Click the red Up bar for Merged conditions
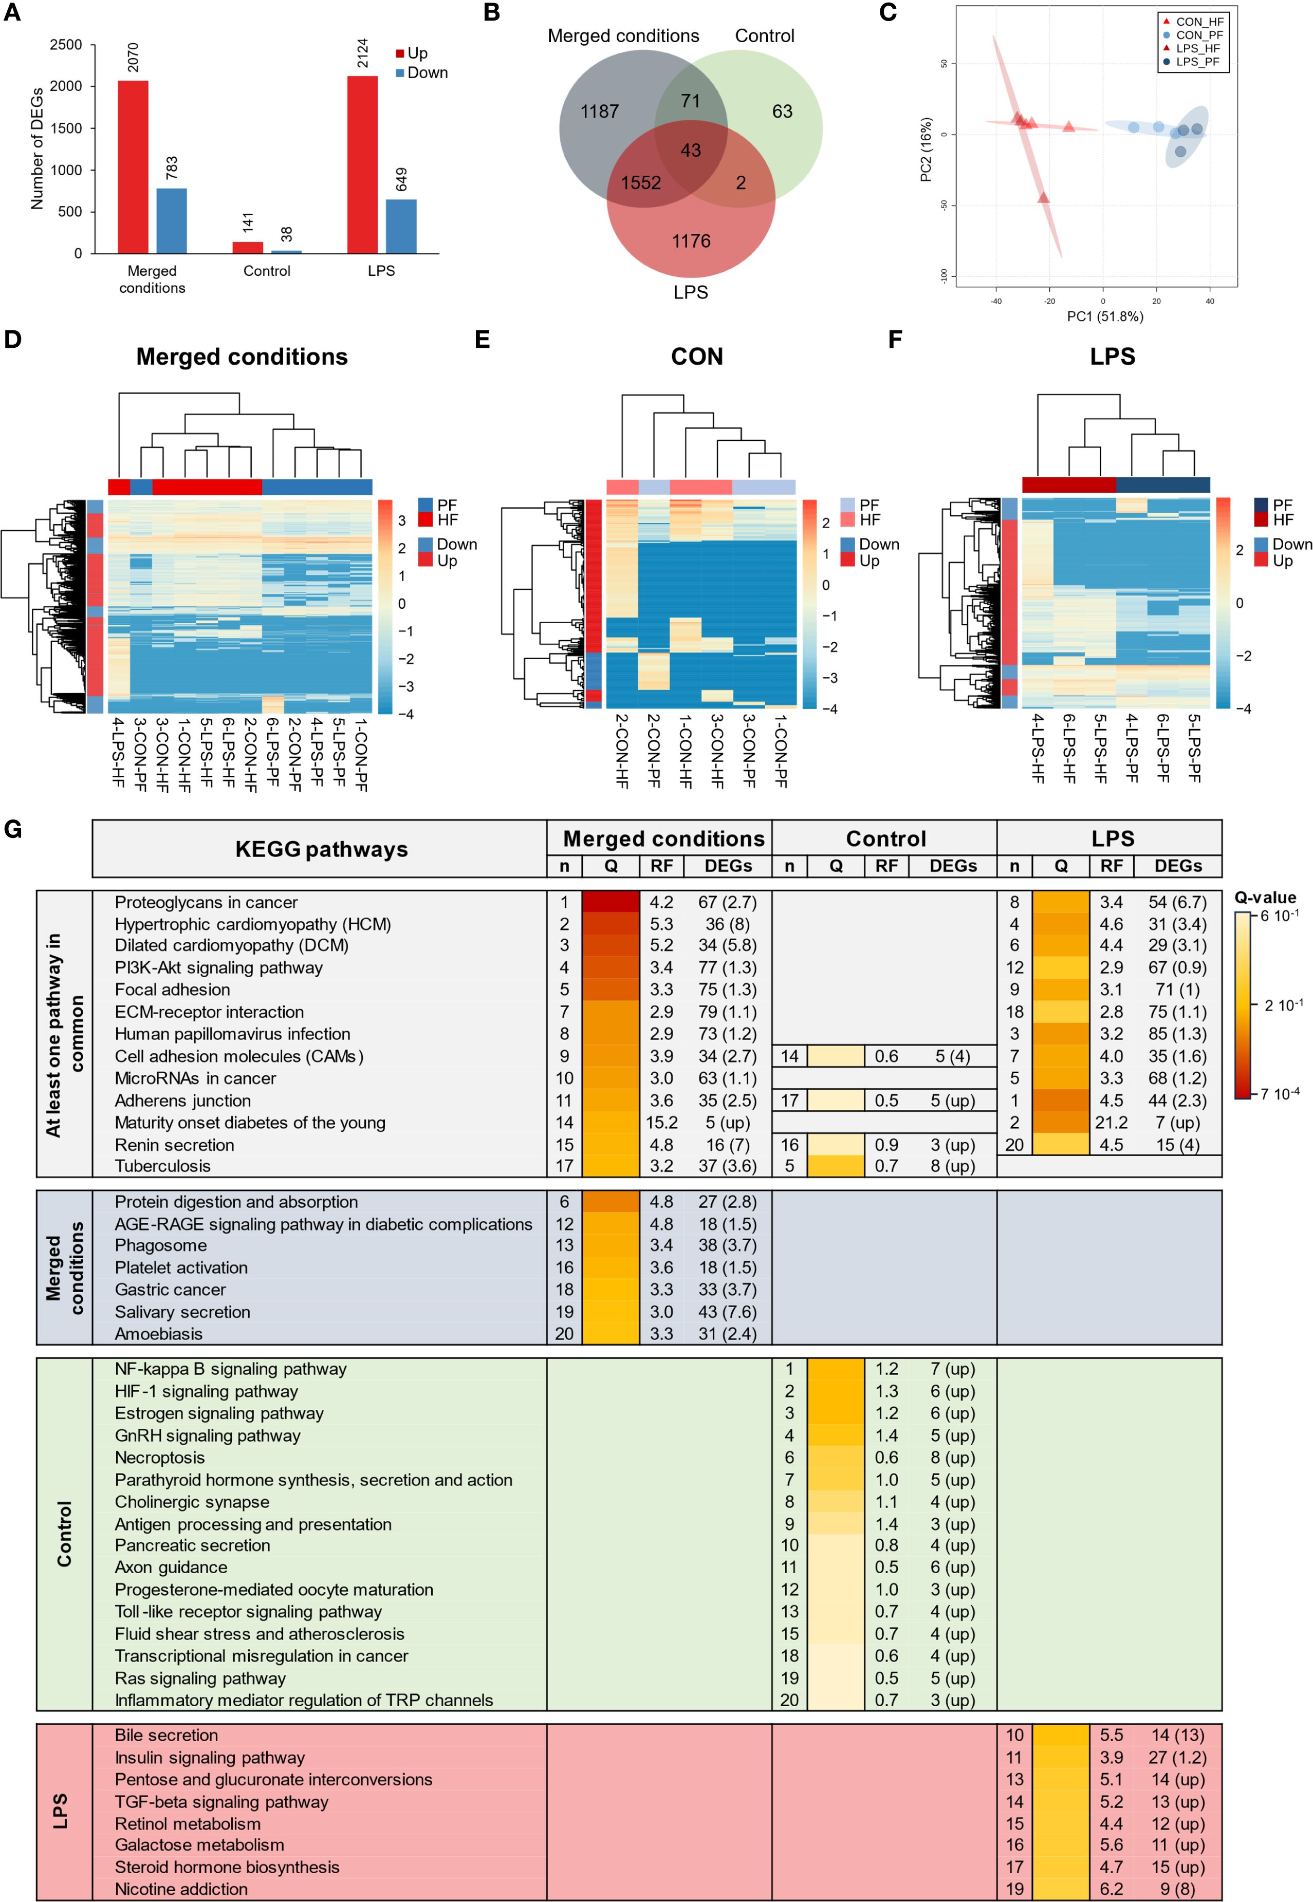pyautogui.click(x=133, y=167)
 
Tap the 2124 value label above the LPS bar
pyautogui.click(x=363, y=53)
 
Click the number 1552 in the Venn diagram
pyautogui.click(x=641, y=182)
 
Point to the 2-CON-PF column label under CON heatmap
pyautogui.click(x=653, y=750)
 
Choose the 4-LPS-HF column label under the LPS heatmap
pyautogui.click(x=1038, y=748)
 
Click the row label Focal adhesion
pyautogui.click(x=172, y=989)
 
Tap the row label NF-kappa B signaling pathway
pyautogui.click(x=230, y=1368)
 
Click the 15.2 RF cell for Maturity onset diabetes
pyautogui.click(x=661, y=1123)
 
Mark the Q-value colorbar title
pyautogui.click(x=1265, y=897)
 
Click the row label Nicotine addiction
pyautogui.click(x=181, y=1889)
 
